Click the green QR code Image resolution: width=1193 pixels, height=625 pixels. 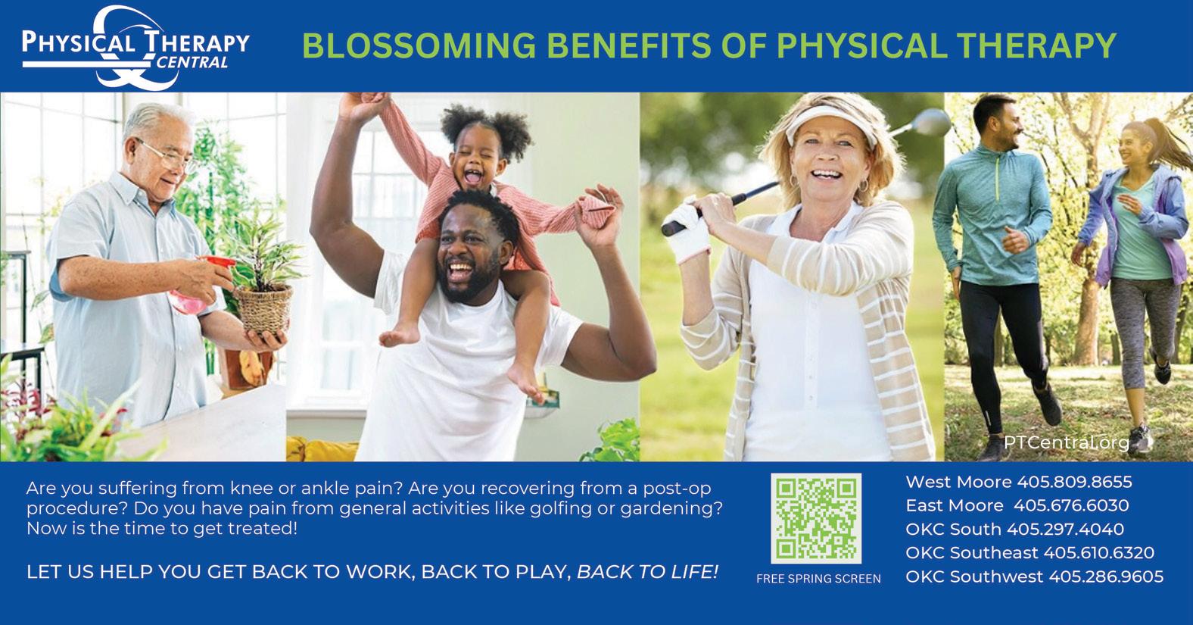pyautogui.click(x=816, y=518)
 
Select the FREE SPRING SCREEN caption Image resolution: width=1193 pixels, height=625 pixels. pyautogui.click(x=818, y=579)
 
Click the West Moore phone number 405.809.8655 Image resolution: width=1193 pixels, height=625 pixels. pyautogui.click(x=1075, y=483)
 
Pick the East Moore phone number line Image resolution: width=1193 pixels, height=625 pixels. pyautogui.click(x=1017, y=505)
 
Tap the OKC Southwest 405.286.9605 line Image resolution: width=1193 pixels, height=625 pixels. pyautogui.click(x=1034, y=577)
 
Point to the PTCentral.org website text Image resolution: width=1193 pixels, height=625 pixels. pyautogui.click(x=1067, y=442)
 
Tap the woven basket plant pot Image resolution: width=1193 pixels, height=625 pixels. pyautogui.click(x=264, y=309)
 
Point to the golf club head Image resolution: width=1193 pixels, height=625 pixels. pyautogui.click(x=930, y=123)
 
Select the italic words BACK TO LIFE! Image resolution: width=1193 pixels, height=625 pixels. pyautogui.click(x=648, y=572)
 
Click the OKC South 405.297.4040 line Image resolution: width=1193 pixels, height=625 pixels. pyautogui.click(x=1015, y=529)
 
